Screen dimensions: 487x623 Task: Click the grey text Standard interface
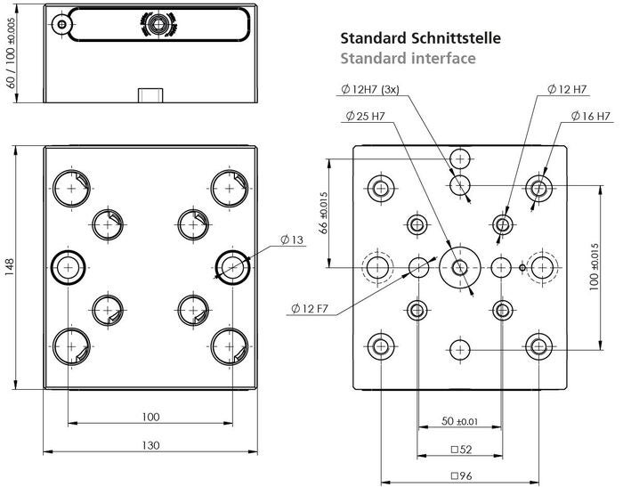[408, 59]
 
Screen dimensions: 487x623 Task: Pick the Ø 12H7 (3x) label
[375, 90]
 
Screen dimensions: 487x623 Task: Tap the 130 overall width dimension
[150, 445]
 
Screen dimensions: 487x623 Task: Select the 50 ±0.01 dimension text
[460, 419]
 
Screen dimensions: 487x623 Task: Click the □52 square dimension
[460, 449]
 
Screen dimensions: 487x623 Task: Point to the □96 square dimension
[460, 475]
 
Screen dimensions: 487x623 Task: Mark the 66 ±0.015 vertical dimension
[324, 213]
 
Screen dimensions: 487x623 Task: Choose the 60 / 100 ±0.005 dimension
[11, 55]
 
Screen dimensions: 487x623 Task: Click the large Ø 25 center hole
[460, 266]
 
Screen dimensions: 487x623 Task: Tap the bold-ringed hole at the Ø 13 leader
[232, 266]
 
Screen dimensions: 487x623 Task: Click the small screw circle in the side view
[61, 25]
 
